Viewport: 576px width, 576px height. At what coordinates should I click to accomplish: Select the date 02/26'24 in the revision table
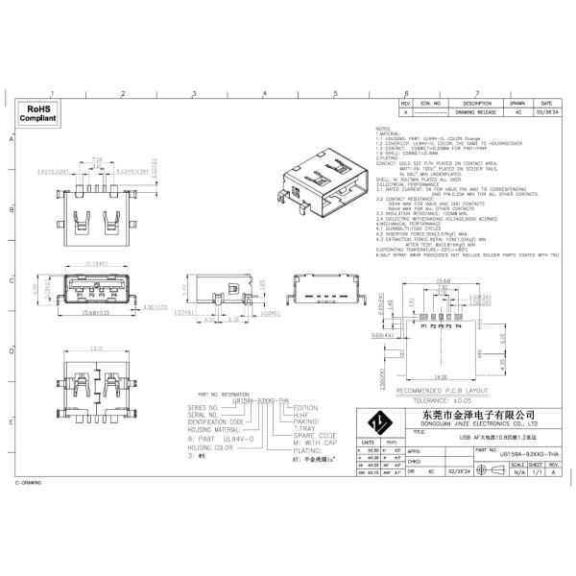pos(545,112)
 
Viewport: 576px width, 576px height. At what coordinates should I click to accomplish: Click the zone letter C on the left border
pos(11,280)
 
